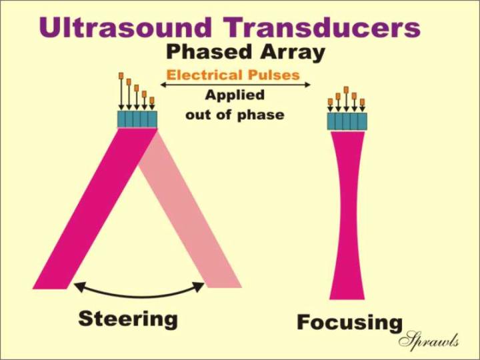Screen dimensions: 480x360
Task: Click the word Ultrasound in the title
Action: click(125, 27)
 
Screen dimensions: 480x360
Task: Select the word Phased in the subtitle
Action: click(209, 52)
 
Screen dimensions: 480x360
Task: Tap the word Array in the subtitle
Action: click(293, 53)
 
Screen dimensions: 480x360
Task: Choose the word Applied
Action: click(235, 95)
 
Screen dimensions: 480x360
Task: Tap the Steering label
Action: click(128, 319)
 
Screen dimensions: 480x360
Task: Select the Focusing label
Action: click(349, 323)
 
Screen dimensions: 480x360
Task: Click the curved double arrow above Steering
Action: click(139, 296)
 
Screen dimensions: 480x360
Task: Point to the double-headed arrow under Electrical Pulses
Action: click(235, 85)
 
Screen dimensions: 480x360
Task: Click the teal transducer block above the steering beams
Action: click(137, 119)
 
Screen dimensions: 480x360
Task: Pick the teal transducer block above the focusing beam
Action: click(347, 121)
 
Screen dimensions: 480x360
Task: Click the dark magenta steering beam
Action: click(95, 208)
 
